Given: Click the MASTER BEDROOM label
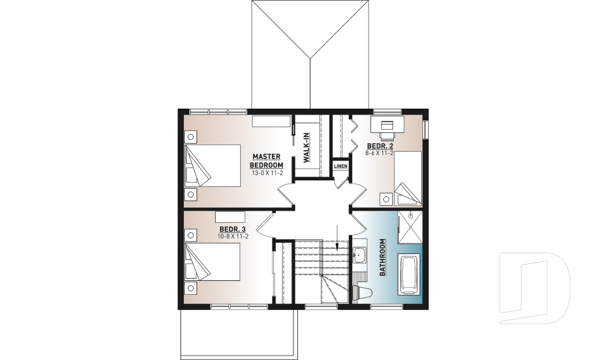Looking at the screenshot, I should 267,161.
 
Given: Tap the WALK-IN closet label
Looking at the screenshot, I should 306,147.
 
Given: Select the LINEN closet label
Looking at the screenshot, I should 341,166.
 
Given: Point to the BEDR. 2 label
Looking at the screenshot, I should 380,146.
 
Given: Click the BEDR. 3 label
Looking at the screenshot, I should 233,229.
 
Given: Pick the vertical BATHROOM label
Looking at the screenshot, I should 383,258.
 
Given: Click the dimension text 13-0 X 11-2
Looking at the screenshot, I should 267,173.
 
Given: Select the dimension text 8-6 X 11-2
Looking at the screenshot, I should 380,153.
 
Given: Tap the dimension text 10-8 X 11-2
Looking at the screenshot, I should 233,237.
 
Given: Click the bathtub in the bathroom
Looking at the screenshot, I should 408,275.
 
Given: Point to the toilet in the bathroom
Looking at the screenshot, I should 362,292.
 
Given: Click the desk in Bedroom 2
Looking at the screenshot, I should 386,123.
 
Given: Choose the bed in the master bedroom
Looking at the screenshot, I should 212,165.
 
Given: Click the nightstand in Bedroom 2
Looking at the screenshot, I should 385,197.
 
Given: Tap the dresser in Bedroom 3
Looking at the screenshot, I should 230,216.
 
